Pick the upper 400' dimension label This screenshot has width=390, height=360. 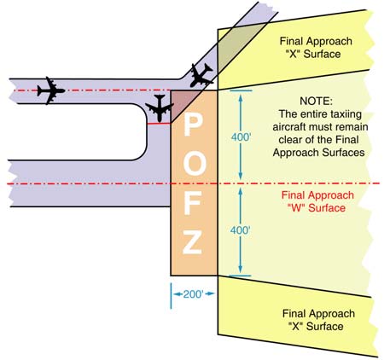pyautogui.click(x=242, y=136)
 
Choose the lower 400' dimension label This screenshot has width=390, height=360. pyautogui.click(x=242, y=230)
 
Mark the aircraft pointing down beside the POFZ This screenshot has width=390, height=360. pyautogui.click(x=160, y=108)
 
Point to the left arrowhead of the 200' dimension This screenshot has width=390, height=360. pyautogui.click(x=174, y=294)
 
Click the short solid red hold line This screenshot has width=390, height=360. pyautogui.click(x=157, y=125)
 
